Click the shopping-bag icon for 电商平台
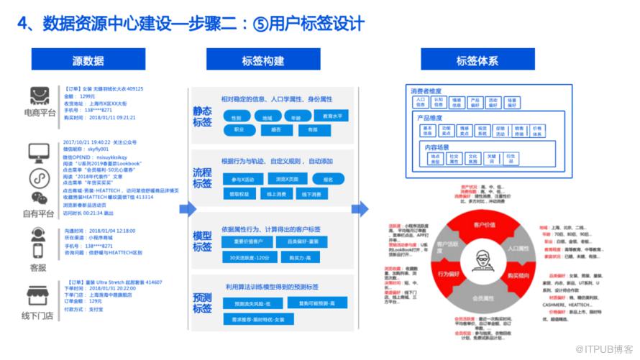coord(39,97)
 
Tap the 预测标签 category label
coord(202,303)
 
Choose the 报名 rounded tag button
coord(328,179)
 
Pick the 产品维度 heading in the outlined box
coord(429,118)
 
